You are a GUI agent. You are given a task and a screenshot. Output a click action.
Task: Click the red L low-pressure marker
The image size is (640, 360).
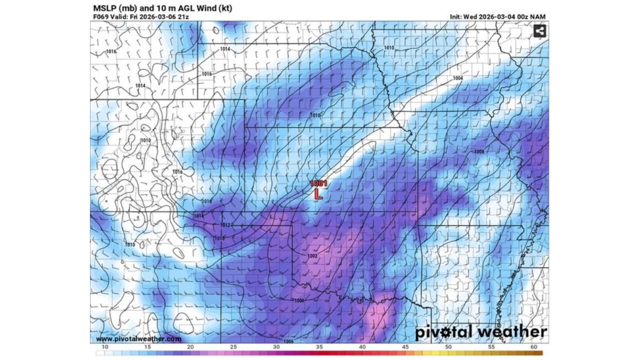[x=318, y=194]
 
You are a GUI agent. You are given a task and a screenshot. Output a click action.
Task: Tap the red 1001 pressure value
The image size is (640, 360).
[x=318, y=183]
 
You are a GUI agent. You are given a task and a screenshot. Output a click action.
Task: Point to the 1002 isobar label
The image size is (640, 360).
[x=312, y=256]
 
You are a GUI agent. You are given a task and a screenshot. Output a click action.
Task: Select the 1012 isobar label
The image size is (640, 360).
[x=225, y=225]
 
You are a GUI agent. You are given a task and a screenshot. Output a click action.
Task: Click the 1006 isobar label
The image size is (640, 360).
[x=288, y=341]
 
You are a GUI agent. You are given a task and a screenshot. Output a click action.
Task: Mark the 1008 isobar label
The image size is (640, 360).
[x=478, y=151]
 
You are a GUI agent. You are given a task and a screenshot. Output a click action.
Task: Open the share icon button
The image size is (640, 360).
[x=539, y=31]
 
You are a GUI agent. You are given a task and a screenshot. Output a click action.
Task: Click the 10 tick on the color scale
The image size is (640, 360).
[x=105, y=346]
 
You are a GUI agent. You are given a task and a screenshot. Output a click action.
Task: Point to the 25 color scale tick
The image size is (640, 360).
[x=233, y=346]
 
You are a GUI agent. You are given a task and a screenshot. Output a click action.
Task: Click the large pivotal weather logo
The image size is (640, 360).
[x=481, y=331]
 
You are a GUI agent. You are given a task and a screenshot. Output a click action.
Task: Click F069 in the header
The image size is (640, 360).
[x=100, y=16]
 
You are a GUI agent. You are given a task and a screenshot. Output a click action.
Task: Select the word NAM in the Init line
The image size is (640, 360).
[x=538, y=16]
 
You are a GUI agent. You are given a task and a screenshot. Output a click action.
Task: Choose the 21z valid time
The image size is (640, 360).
[x=183, y=16]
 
